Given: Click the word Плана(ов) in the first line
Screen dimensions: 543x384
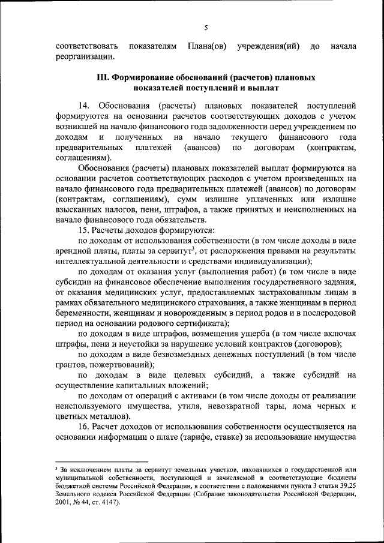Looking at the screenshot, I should pos(206,46).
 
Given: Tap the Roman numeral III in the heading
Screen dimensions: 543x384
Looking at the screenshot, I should pos(102,78).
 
